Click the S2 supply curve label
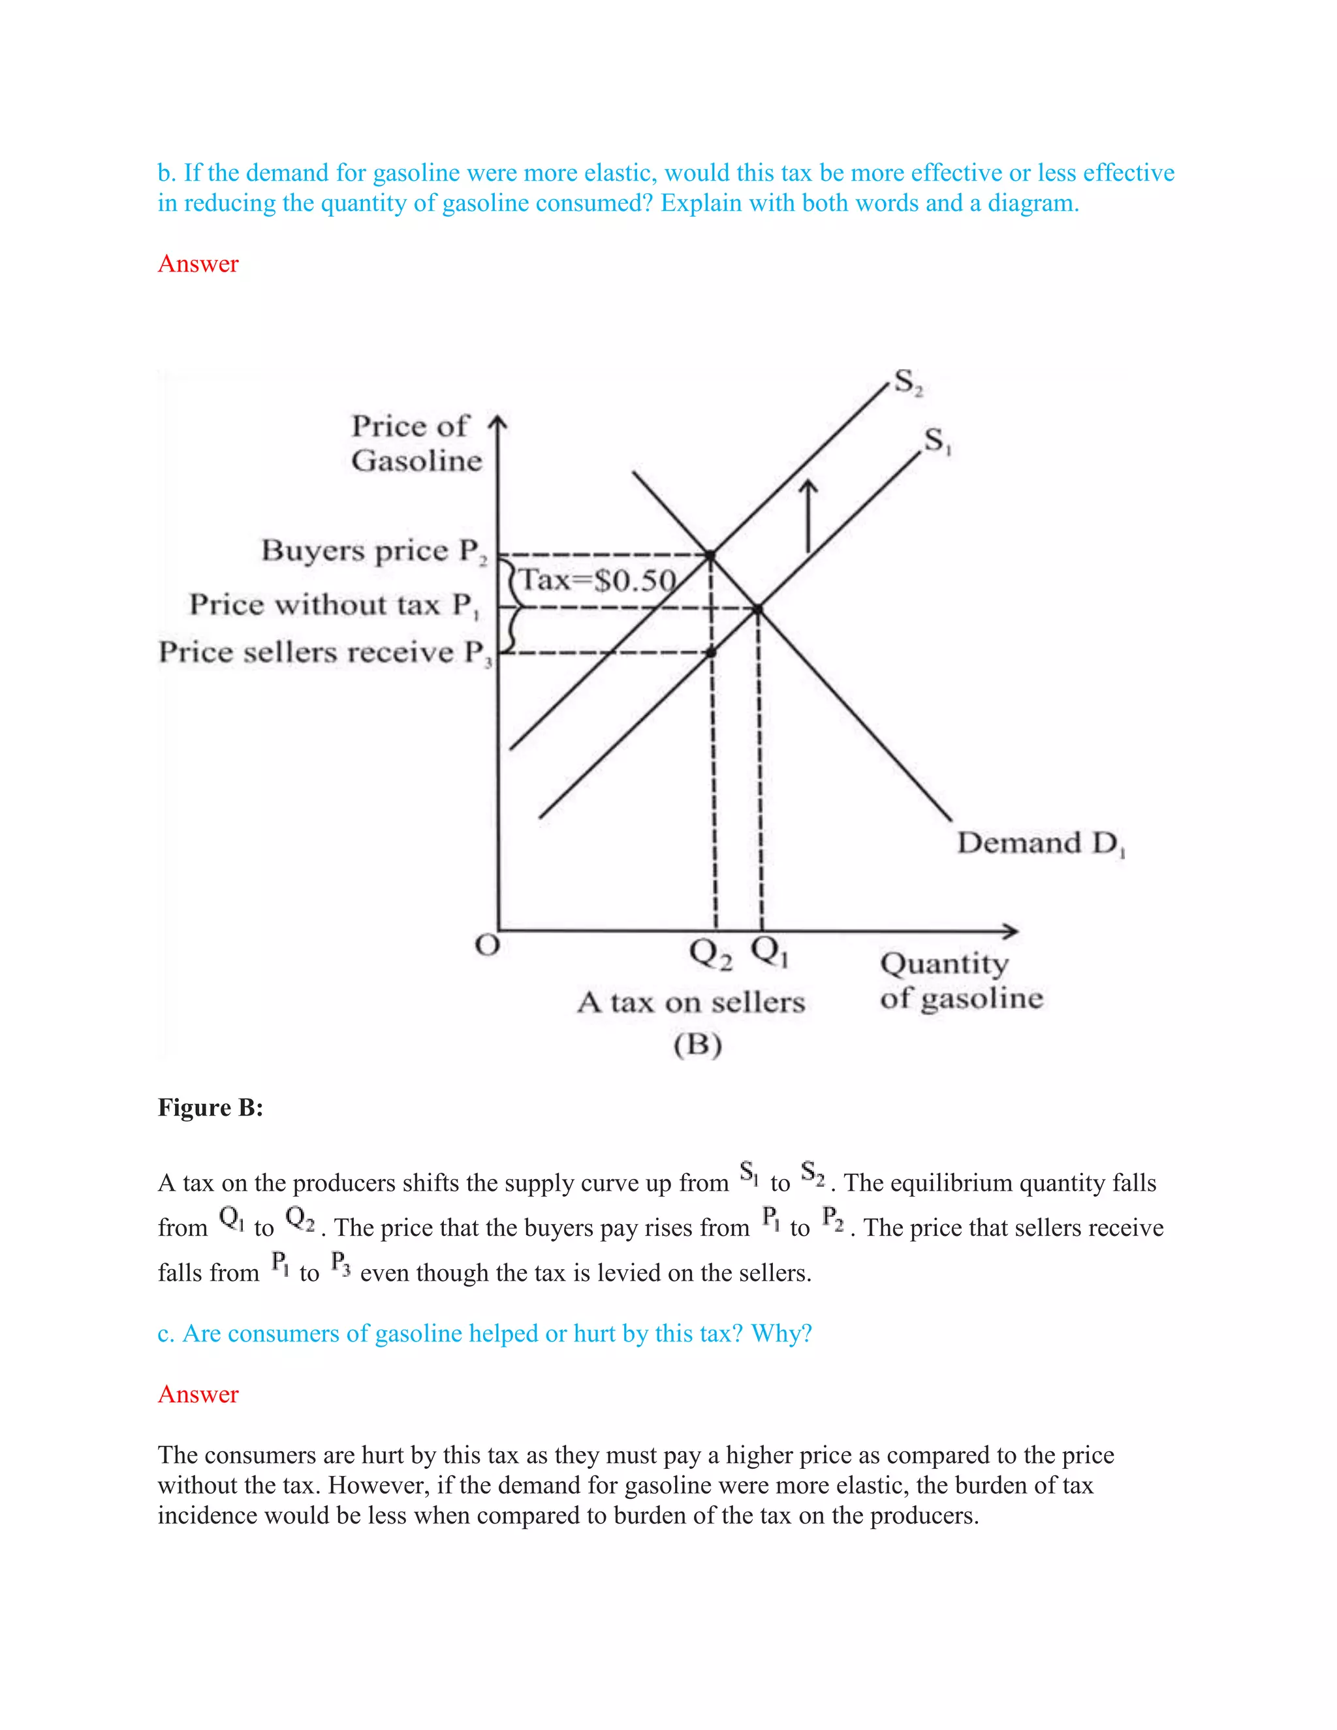click(x=907, y=383)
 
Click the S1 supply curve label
click(x=937, y=441)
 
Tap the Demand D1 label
click(x=1040, y=843)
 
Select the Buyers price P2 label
click(x=374, y=550)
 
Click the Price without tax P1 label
click(x=334, y=605)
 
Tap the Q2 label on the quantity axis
click(x=710, y=953)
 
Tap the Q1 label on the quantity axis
click(x=769, y=951)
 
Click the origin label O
click(x=487, y=946)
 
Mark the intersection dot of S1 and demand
click(x=758, y=609)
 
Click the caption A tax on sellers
click(x=691, y=1003)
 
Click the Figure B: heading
click(x=210, y=1107)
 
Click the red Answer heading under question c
click(x=198, y=1394)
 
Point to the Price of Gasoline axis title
click(x=416, y=443)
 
